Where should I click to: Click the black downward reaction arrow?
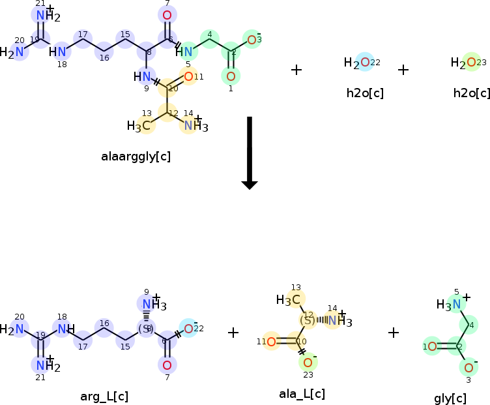pyautogui.click(x=250, y=153)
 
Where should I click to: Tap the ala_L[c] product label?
pyautogui.click(x=302, y=393)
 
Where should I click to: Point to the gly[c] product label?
pyautogui.click(x=450, y=398)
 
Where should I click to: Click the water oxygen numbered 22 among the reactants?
pyautogui.click(x=365, y=63)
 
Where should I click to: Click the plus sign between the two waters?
pyautogui.click(x=403, y=69)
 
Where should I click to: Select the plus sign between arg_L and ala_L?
pyautogui.click(x=233, y=333)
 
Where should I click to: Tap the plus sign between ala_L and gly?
pyautogui.click(x=394, y=333)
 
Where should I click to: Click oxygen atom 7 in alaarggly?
pyautogui.click(x=167, y=16)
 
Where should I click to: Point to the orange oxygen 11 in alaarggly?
pyautogui.click(x=188, y=77)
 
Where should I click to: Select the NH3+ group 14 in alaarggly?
pyautogui.click(x=192, y=125)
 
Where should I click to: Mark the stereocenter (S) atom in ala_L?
pyautogui.click(x=308, y=320)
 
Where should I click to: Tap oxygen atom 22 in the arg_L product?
pyautogui.click(x=188, y=328)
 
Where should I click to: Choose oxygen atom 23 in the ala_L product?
pyautogui.click(x=308, y=362)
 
